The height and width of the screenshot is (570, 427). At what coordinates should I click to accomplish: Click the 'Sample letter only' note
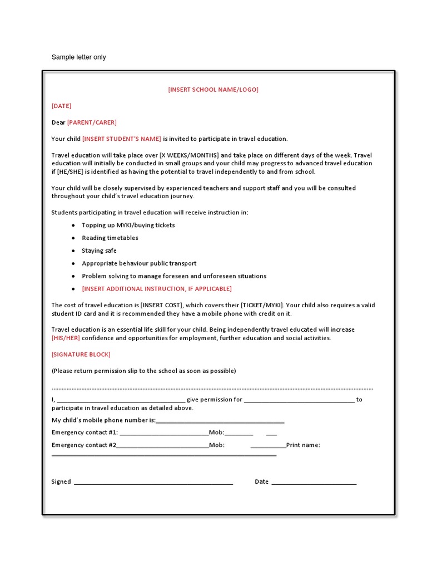click(x=78, y=57)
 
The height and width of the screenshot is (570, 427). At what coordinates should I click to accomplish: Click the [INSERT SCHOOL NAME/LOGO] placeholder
click(x=213, y=90)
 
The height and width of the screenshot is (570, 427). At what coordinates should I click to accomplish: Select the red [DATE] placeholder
click(x=61, y=106)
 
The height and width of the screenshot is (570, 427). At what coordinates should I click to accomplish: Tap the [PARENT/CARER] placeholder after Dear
click(x=92, y=122)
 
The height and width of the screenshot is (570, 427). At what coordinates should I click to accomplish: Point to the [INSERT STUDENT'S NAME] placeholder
click(x=122, y=139)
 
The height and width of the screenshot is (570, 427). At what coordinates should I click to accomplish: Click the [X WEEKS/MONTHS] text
click(x=189, y=155)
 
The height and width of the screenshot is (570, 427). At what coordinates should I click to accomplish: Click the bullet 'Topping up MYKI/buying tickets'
click(x=128, y=225)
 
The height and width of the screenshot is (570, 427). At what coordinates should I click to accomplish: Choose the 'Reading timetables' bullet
click(x=110, y=238)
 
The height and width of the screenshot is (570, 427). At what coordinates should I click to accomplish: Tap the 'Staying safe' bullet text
click(x=99, y=251)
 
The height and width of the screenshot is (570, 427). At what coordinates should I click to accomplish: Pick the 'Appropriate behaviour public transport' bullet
click(x=139, y=263)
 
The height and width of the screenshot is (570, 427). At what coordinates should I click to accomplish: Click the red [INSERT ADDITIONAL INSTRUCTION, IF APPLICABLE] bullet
click(x=156, y=289)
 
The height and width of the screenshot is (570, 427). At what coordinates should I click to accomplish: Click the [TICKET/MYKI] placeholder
click(x=262, y=305)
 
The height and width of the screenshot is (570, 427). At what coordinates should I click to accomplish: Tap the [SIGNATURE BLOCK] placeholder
click(x=81, y=355)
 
